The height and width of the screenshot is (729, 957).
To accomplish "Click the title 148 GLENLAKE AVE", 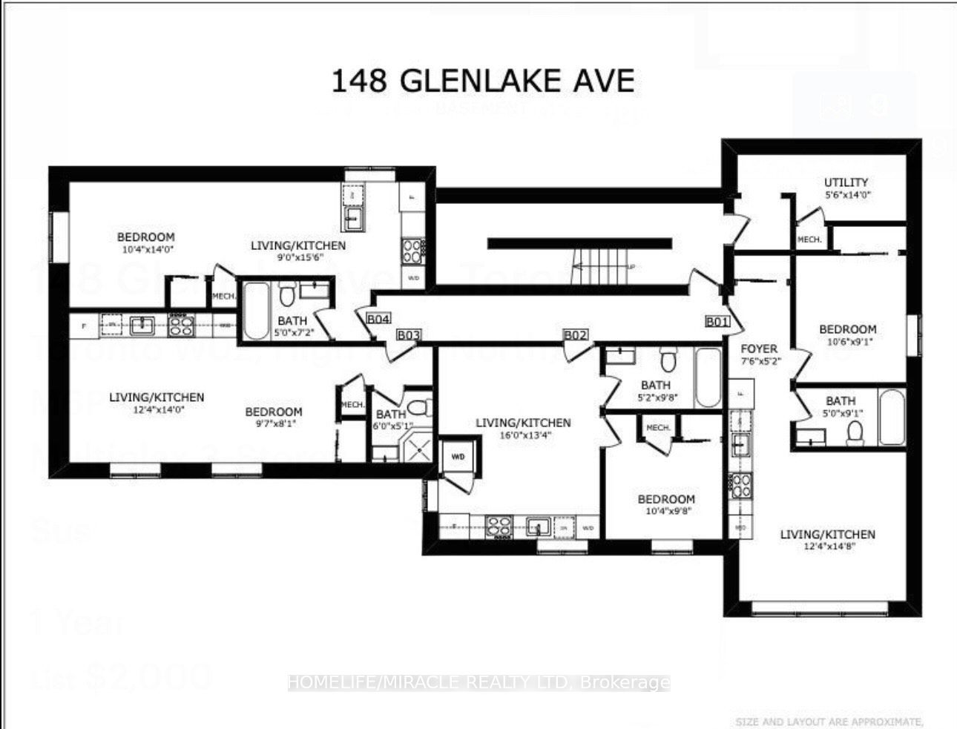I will click(482, 80).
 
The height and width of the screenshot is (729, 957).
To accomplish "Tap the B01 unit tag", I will click(717, 321).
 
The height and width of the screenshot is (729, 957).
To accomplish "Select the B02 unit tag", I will click(576, 334).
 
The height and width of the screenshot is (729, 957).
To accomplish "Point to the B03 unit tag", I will click(409, 334).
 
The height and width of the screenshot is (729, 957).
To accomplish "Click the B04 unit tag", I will click(378, 319).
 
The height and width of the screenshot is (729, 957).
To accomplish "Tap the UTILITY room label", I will click(846, 182).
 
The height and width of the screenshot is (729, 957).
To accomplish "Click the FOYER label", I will click(759, 348).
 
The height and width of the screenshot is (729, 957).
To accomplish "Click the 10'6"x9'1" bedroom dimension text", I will click(847, 343).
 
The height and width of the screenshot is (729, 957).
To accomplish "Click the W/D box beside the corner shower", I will click(457, 457).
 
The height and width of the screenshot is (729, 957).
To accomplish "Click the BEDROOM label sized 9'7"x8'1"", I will click(274, 412).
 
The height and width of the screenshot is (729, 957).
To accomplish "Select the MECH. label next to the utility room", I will click(809, 240).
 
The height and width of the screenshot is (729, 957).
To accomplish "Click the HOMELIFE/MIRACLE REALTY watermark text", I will click(479, 682).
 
